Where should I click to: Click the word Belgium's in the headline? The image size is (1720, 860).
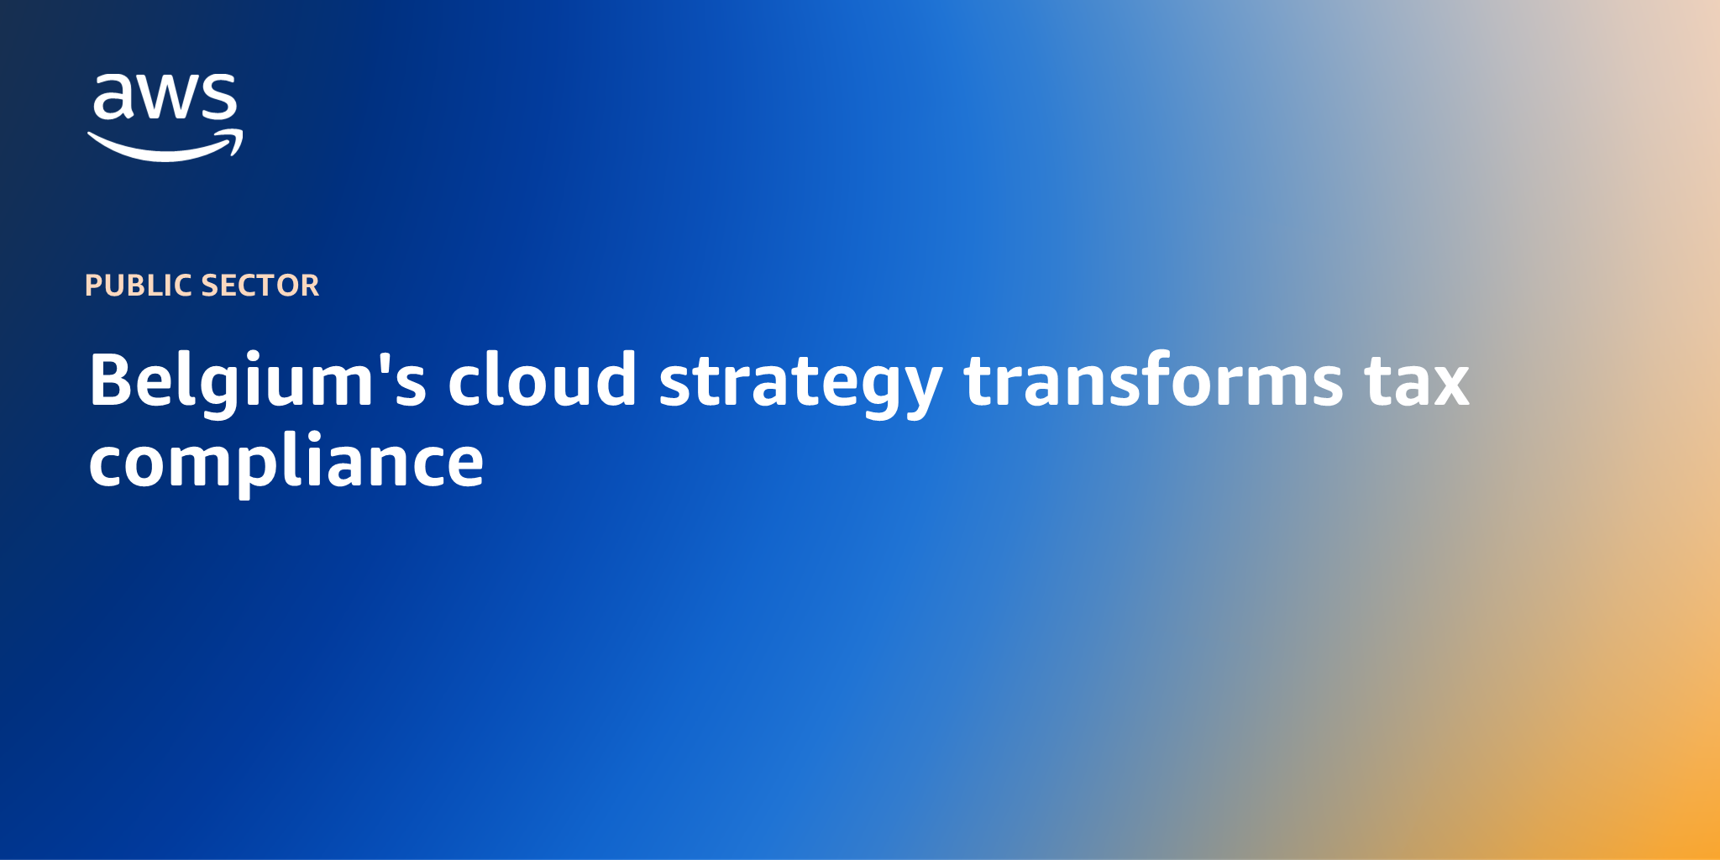click(x=257, y=380)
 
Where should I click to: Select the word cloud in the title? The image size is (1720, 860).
click(x=542, y=380)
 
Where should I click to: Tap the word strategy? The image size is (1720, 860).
click(x=800, y=382)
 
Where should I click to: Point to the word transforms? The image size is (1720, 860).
click(x=1153, y=380)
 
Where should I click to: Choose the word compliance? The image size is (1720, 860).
click(x=286, y=461)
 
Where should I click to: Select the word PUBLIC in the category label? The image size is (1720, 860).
click(x=139, y=286)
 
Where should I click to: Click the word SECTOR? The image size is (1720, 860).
click(x=260, y=286)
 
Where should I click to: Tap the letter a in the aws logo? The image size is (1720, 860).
click(x=113, y=97)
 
